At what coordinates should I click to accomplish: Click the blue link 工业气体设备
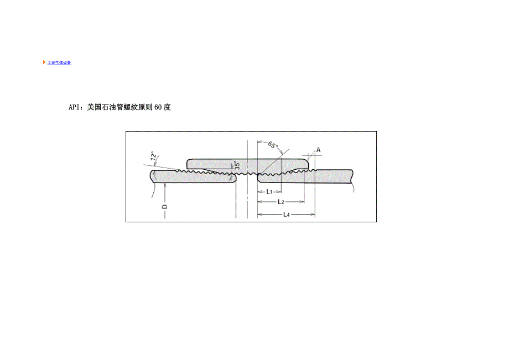59,62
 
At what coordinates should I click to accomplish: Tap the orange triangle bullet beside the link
44,62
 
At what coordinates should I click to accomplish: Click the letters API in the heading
74,107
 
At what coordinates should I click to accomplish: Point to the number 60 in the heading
158,107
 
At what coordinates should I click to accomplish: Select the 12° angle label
153,157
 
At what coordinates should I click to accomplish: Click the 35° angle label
237,165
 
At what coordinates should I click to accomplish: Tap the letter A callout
318,150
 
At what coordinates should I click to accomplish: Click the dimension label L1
269,191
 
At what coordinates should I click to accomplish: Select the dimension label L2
281,202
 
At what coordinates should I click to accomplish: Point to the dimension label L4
285,213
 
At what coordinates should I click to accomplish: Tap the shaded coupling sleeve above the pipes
246,164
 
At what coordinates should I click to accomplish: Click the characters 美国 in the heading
95,107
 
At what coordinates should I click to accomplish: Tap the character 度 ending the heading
167,107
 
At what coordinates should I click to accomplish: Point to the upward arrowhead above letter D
164,186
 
